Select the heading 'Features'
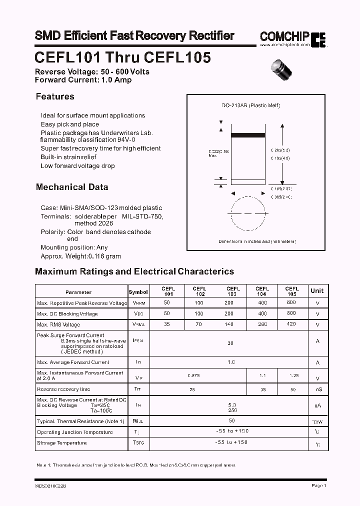[x=55, y=96]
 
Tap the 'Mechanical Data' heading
[x=72, y=187]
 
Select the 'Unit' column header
[x=317, y=290]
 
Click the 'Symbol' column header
[x=138, y=292]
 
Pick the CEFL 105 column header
[x=292, y=291]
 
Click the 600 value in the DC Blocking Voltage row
[x=292, y=313]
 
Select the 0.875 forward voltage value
[x=194, y=375]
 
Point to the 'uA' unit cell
[x=317, y=406]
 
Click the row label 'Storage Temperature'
[x=61, y=443]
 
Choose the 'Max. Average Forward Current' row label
[x=73, y=362]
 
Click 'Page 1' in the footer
[x=318, y=485]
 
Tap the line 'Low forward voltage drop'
[x=77, y=166]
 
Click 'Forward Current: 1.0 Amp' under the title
[x=83, y=79]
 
